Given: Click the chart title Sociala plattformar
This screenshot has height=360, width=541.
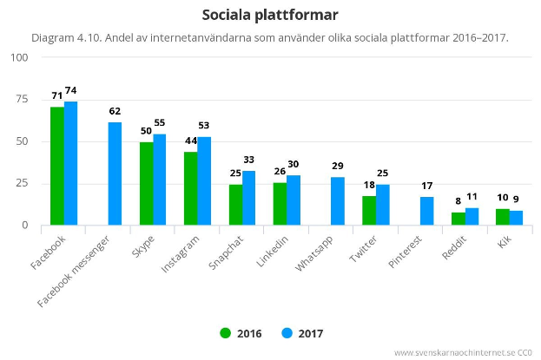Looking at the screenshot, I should (270, 15).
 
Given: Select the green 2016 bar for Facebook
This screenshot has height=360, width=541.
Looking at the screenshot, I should (57, 166).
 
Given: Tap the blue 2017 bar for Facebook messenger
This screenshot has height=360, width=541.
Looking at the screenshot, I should (115, 173).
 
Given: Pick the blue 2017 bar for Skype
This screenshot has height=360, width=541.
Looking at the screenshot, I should (160, 180).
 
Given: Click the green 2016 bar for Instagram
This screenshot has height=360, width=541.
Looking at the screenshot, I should (190, 188).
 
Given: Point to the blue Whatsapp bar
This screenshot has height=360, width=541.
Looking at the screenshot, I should (338, 201).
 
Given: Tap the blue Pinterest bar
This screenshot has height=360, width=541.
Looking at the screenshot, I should (427, 211).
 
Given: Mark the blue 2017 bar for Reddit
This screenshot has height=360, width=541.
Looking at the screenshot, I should (472, 217).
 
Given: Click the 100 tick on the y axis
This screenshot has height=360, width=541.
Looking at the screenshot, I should (17, 57).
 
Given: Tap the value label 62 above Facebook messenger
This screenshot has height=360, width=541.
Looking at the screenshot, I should (115, 111).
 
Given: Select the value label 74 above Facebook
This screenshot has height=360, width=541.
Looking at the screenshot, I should (71, 90).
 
